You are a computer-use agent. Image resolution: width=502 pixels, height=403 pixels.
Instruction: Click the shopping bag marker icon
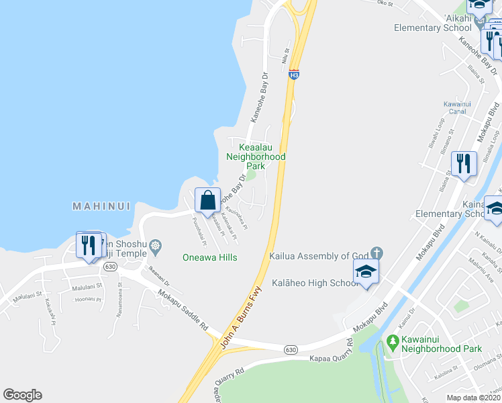tap(208, 200)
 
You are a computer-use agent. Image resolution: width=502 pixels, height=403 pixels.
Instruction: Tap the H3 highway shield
tap(293, 75)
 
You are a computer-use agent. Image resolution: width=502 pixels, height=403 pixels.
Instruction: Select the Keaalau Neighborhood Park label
tap(256, 156)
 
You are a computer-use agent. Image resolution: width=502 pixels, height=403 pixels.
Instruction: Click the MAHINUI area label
tap(101, 207)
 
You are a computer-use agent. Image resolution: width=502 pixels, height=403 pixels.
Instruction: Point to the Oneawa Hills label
tap(210, 257)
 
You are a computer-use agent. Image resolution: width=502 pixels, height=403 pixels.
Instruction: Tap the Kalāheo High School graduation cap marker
tap(366, 272)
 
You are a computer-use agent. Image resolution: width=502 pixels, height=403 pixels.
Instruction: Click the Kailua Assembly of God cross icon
tap(376, 253)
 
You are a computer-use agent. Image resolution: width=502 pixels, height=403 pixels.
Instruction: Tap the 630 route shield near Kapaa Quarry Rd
tap(290, 350)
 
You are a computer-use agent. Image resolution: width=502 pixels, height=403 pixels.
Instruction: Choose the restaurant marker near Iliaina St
tap(464, 163)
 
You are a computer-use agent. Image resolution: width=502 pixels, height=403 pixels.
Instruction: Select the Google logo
tap(23, 395)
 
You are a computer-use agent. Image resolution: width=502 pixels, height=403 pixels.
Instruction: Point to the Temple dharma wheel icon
tap(156, 246)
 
